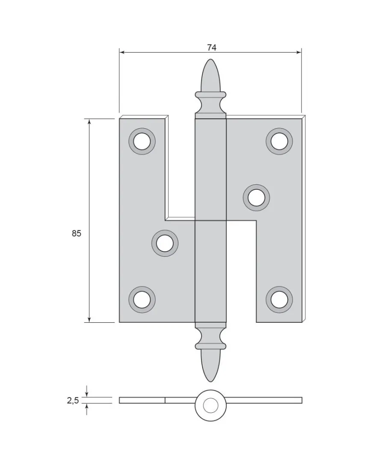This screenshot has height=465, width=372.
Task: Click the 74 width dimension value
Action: point(212,47)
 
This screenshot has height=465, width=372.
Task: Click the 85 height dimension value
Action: point(76,233)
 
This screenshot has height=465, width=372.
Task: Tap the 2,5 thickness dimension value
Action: point(73,400)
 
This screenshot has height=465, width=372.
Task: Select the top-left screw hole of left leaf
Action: point(142,141)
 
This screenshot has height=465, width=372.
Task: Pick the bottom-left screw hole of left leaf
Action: point(142,300)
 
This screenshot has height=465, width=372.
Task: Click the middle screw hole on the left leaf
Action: point(165,243)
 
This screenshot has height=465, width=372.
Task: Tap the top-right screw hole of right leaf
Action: point(279,141)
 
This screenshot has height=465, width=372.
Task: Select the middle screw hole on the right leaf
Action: point(256,197)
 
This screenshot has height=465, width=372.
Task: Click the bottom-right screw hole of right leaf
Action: point(279,300)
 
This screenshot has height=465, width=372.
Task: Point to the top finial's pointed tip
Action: point(211,59)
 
